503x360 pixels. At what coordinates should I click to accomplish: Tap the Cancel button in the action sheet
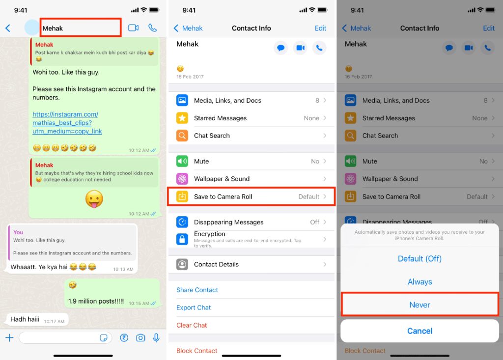pyautogui.click(x=419, y=331)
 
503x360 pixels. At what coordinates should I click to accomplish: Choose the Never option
pyautogui.click(x=419, y=305)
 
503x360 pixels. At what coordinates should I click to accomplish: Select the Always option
pyautogui.click(x=419, y=282)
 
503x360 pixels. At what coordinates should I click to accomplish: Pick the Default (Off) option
pyautogui.click(x=419, y=259)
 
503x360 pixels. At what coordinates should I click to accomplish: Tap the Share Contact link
pyautogui.click(x=197, y=290)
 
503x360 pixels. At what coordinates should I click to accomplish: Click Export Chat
pyautogui.click(x=194, y=307)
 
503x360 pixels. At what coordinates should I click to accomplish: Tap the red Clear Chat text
pyautogui.click(x=192, y=325)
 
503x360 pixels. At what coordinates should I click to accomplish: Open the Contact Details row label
pyautogui.click(x=216, y=264)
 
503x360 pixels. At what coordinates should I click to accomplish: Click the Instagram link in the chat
pyautogui.click(x=67, y=123)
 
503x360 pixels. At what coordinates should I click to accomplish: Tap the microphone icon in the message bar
pyautogui.click(x=156, y=337)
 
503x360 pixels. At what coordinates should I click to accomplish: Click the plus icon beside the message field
pyautogui.click(x=10, y=337)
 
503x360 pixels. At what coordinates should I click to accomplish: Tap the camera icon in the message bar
pyautogui.click(x=140, y=337)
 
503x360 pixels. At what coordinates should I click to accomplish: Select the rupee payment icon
pyautogui.click(x=124, y=337)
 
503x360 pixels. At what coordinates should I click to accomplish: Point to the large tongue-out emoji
pyautogui.click(x=94, y=199)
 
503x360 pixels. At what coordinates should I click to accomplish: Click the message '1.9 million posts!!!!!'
pyautogui.click(x=96, y=301)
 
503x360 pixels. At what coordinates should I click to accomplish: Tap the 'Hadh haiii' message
pyautogui.click(x=25, y=319)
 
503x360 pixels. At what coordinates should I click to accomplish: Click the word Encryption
pyautogui.click(x=209, y=234)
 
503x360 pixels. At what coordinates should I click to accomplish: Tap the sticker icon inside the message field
pyautogui.click(x=104, y=337)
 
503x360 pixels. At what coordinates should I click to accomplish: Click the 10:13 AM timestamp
pyautogui.click(x=123, y=269)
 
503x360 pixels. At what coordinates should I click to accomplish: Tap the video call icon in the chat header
pyautogui.click(x=134, y=28)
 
